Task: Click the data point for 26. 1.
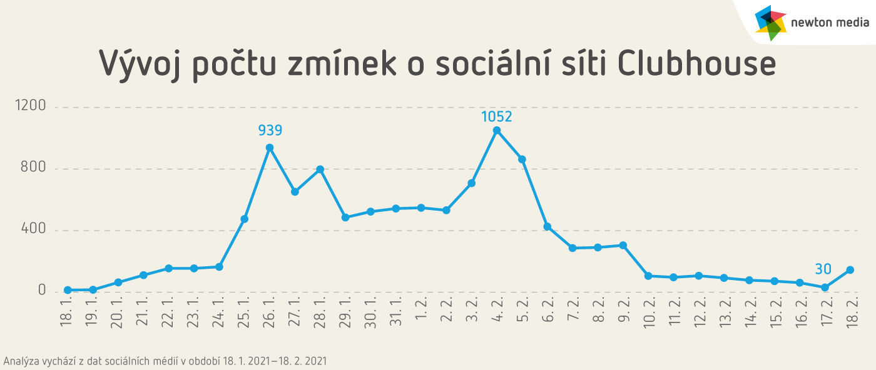(x=270, y=148)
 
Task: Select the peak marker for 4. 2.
(x=497, y=131)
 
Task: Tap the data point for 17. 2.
(x=825, y=287)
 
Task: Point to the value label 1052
(x=497, y=116)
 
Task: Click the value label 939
(x=270, y=131)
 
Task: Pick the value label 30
(x=823, y=269)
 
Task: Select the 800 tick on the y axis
(x=34, y=168)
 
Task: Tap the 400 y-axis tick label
(x=34, y=230)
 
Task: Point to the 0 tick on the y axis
(x=42, y=291)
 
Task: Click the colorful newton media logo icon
(x=770, y=22)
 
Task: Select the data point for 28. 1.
(x=320, y=169)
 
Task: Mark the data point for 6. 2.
(x=547, y=227)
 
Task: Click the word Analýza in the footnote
(x=21, y=361)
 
